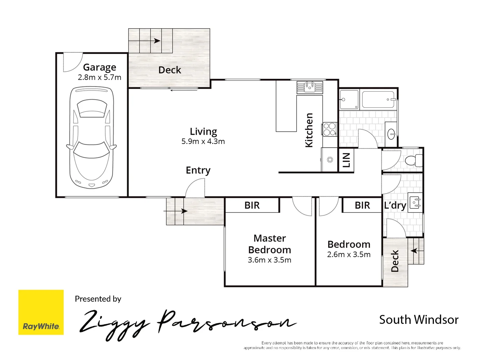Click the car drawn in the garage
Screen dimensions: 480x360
tap(91, 138)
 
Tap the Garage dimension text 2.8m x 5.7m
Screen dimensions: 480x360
tap(99, 77)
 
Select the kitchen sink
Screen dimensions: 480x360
tap(310, 87)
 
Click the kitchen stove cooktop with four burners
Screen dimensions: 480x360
tap(330, 129)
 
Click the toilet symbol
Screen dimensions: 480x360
tap(414, 160)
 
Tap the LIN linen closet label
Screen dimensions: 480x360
tap(346, 160)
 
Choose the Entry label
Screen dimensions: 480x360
tap(198, 170)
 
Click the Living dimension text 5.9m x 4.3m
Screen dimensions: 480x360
tap(203, 141)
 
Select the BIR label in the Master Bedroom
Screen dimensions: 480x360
tap(252, 205)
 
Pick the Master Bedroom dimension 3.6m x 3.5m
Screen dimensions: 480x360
tap(269, 260)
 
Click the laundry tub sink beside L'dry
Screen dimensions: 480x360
tap(415, 203)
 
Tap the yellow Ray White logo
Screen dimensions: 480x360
tap(41, 312)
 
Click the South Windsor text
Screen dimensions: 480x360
tap(419, 320)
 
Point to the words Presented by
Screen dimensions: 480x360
tap(98, 299)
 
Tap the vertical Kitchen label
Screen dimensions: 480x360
tap(309, 130)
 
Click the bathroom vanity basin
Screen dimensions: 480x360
tap(391, 134)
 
